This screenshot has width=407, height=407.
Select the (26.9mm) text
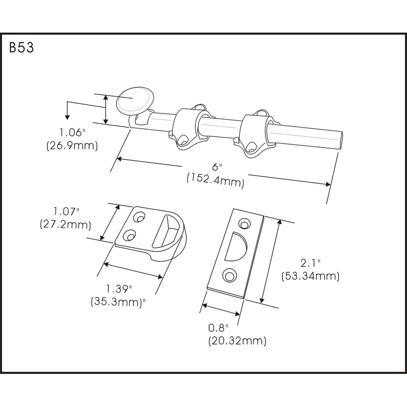(x=72, y=146)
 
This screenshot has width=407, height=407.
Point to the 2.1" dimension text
(x=310, y=264)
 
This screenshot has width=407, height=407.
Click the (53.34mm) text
(x=310, y=276)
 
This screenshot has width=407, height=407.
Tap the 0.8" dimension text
(x=219, y=327)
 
